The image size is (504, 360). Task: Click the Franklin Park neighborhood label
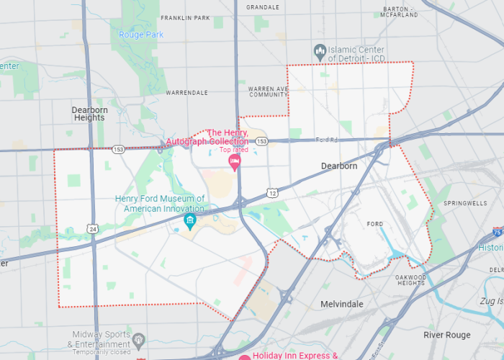click(186, 17)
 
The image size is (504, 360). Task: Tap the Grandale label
click(263, 7)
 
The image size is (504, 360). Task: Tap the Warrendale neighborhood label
click(186, 93)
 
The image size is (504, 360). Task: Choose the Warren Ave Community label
click(268, 91)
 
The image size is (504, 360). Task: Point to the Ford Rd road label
click(326, 140)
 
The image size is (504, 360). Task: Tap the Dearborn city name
click(338, 166)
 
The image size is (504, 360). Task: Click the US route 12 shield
click(271, 193)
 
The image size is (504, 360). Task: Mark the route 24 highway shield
click(93, 228)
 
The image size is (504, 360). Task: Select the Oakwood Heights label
click(411, 280)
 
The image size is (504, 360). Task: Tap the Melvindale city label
click(341, 305)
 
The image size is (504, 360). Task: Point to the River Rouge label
click(446, 335)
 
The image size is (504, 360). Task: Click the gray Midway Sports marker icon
click(140, 339)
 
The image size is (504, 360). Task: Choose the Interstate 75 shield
click(498, 232)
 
